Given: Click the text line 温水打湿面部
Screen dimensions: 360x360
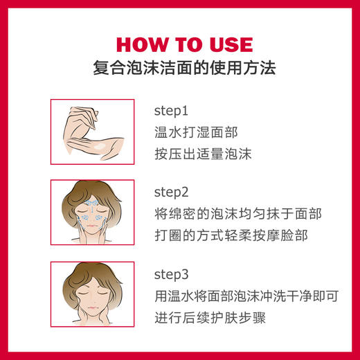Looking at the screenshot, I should [190, 132].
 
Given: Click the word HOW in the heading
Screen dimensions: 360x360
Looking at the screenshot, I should [140, 44].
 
